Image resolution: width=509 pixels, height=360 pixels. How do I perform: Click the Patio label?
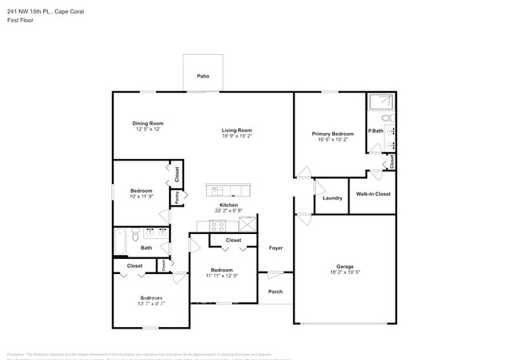203,77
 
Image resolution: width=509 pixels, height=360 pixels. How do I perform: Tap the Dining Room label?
147,123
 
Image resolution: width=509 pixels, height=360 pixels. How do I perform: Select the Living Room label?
236,130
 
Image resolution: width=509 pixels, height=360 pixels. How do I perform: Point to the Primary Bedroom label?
333,135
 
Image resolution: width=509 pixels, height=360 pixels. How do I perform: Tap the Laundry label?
332,198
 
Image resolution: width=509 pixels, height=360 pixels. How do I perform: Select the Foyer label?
276,248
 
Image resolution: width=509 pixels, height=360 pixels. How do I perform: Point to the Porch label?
276,293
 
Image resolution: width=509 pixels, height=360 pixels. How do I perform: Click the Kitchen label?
229,205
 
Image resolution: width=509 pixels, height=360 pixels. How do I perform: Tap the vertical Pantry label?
177,197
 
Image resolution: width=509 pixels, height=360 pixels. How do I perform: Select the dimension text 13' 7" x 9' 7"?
151,304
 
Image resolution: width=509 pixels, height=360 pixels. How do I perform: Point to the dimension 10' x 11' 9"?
142,196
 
